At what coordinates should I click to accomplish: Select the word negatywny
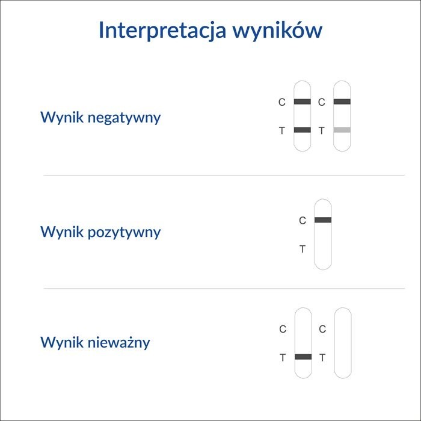124,117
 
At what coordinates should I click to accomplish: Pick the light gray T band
342,130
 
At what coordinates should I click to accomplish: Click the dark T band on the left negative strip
303,130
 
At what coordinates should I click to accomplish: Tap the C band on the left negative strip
303,102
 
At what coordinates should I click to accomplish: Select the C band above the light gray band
342,102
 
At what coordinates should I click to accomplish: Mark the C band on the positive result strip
323,220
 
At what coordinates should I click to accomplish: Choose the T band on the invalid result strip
303,357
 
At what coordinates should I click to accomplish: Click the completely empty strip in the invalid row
343,343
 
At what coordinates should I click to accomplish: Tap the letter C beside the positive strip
303,221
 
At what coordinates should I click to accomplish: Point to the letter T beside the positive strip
303,249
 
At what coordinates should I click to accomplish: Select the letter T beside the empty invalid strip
322,357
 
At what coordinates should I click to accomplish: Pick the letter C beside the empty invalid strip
322,329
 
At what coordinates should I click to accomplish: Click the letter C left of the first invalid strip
283,329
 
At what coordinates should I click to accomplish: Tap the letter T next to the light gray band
321,131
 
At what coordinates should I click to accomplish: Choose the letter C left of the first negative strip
281,102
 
